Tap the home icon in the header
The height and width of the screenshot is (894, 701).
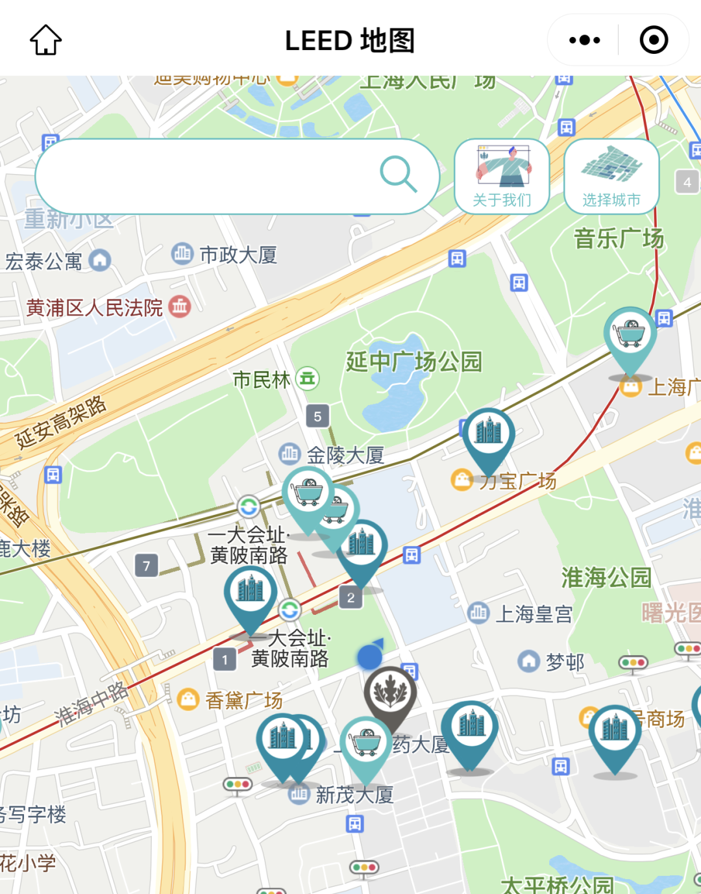coord(46,40)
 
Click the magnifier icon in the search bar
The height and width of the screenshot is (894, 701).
coord(398,174)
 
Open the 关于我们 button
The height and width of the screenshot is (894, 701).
coord(502,176)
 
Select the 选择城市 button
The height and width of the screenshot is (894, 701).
coord(611,176)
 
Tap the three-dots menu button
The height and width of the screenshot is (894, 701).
coord(584,40)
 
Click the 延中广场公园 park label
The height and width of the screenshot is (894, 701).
coord(413,362)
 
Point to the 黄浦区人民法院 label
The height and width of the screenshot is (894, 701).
coord(95,308)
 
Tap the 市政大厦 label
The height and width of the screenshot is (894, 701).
coord(238,255)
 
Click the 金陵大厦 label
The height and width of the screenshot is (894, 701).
coord(345,455)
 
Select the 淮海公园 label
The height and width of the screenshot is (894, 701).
coord(606,577)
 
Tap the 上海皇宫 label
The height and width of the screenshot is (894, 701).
coord(534,614)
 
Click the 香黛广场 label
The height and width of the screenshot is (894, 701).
coord(243,700)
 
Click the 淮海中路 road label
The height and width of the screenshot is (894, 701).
coord(92,704)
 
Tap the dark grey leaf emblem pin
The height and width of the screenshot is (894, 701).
coord(389,692)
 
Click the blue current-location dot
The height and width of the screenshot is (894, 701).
coord(370,657)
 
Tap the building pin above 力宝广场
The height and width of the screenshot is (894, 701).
coord(489,434)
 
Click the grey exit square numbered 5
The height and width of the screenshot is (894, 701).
coord(317,416)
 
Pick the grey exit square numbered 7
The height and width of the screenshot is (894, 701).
coord(147,565)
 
